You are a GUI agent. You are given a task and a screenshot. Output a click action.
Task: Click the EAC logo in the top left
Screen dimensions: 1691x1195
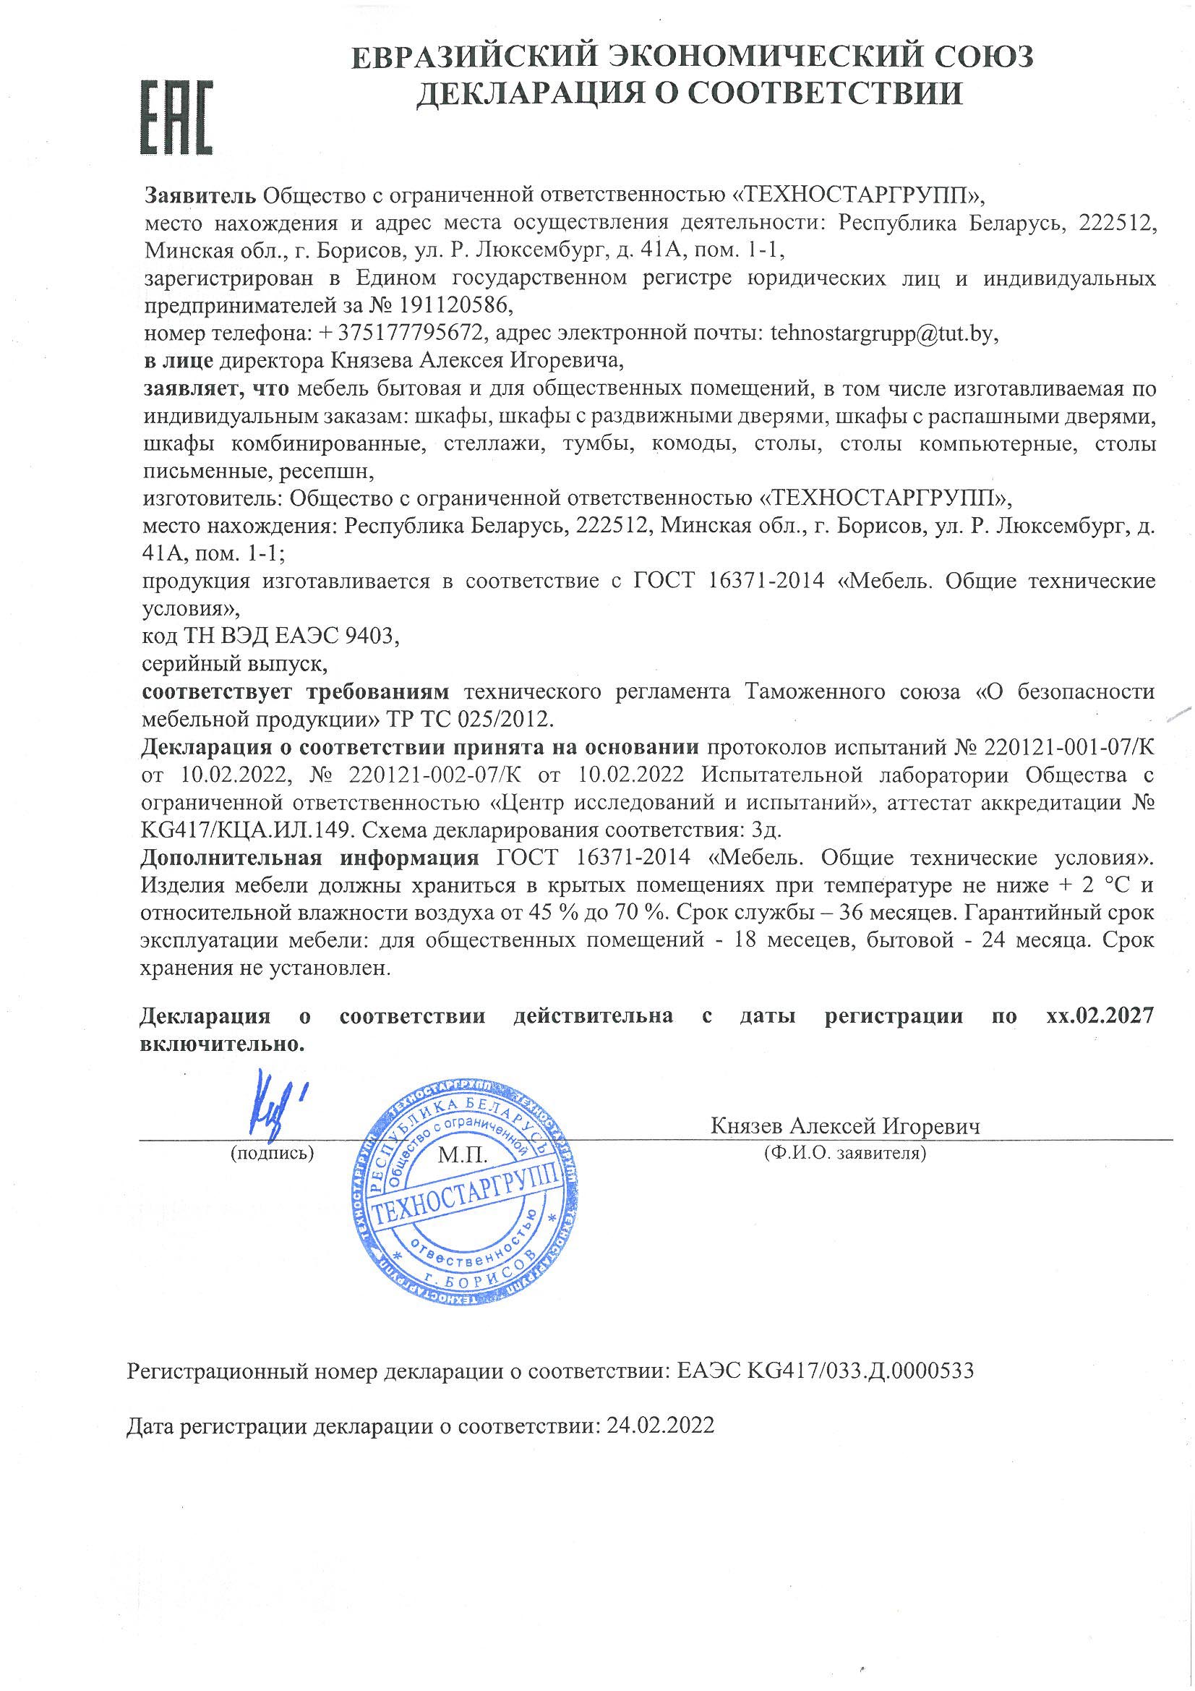point(176,117)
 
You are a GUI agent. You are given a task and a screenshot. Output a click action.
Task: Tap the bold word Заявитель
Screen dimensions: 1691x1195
point(200,196)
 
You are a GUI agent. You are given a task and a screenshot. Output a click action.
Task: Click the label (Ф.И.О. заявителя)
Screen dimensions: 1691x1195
point(845,1153)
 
